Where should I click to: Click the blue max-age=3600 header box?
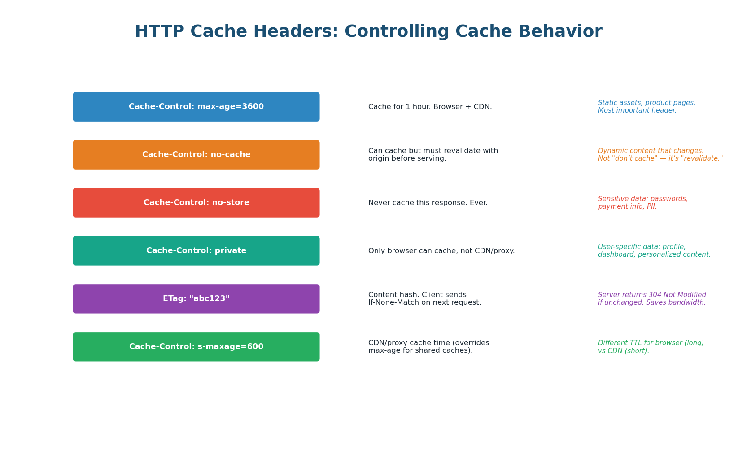click(x=196, y=107)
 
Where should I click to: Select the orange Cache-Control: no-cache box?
click(x=196, y=155)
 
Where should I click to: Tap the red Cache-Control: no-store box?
click(x=196, y=203)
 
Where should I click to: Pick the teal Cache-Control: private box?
click(x=196, y=251)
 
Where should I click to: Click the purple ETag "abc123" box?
click(x=196, y=299)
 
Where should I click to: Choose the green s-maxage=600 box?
click(x=196, y=347)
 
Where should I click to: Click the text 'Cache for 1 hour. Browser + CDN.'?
click(x=430, y=107)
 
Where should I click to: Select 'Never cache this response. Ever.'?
click(x=428, y=203)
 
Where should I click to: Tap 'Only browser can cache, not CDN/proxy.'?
click(x=441, y=251)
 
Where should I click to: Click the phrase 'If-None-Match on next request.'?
click(x=424, y=303)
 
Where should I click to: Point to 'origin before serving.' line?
click(x=407, y=159)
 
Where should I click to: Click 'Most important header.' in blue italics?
click(x=637, y=111)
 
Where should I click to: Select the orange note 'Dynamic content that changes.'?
click(x=651, y=151)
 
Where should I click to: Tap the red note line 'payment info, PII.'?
click(x=627, y=207)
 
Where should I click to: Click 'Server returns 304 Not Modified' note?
click(x=652, y=295)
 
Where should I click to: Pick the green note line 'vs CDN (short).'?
click(x=623, y=351)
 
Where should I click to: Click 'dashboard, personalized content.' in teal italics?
click(x=654, y=255)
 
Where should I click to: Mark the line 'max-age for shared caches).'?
click(x=420, y=351)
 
